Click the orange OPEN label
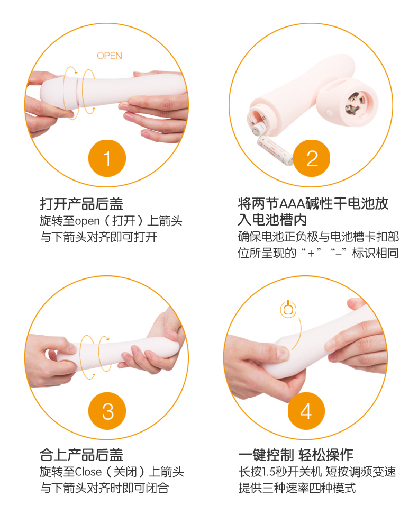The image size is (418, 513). pos(110,56)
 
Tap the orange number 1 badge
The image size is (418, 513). pos(107,158)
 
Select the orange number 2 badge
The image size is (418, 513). pos(311,158)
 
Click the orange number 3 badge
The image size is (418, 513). pos(107,411)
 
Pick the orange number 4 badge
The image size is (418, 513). pos(306,411)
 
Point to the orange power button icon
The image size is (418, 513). pos(288,309)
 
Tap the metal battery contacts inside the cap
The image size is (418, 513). pos(353,103)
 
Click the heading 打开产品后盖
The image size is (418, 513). pos(81,204)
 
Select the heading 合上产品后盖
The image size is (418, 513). pos(81,455)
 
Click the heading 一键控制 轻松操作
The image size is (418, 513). pos(296,455)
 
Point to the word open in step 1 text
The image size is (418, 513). pos(87,221)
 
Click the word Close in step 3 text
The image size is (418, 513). pos(88,472)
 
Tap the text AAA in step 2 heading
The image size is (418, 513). pos(292,204)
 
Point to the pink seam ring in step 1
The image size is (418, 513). pos(77,92)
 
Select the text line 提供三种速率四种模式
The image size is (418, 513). pos(297,488)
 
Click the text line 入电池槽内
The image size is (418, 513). pos(272,220)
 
